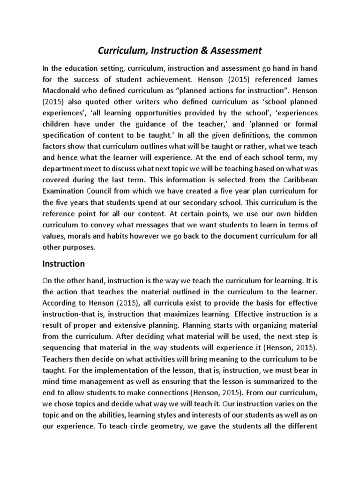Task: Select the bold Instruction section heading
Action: click(64, 263)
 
